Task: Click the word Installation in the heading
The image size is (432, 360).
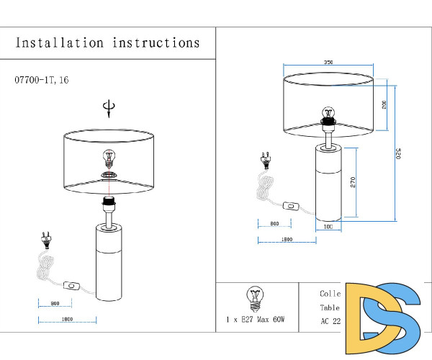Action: point(60,43)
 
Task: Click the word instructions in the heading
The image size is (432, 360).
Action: point(156,43)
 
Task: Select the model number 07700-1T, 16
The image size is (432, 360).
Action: point(42,80)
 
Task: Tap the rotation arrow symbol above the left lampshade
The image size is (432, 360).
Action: point(109,109)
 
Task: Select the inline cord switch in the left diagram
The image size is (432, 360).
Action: point(71,285)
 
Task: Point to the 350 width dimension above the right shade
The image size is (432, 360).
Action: point(328,63)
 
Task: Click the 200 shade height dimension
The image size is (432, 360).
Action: point(384,104)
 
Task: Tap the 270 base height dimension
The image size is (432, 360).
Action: point(353,181)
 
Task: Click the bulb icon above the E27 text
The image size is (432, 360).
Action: point(253,295)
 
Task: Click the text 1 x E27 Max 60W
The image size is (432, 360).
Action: point(256,318)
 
